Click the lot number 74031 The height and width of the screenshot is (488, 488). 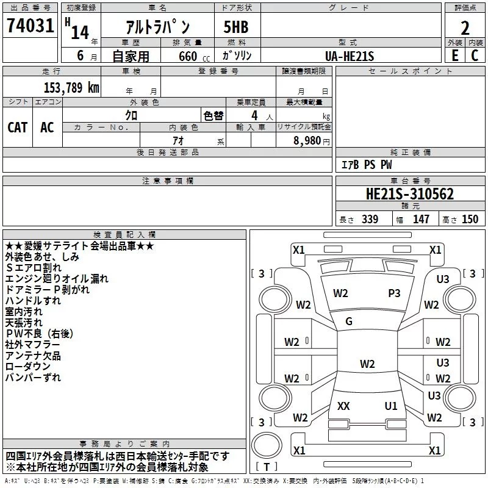coord(30,25)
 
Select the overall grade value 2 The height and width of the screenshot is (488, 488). coord(465,28)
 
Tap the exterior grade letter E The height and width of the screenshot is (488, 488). coord(454,56)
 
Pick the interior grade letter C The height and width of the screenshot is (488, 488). coord(475,56)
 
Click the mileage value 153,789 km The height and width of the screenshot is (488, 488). coord(71,87)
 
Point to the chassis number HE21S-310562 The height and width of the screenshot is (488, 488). coord(410,194)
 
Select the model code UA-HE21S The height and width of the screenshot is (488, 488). coord(350,56)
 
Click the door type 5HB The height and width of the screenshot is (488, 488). coord(236,27)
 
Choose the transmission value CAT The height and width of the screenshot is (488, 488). coord(18,127)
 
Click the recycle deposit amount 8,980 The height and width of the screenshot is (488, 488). coord(307,140)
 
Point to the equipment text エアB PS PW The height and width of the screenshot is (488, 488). coord(367,164)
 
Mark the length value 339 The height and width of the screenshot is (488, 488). coord(370,219)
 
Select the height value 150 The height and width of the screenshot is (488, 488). coord(470,219)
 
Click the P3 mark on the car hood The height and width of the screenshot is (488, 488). coord(394,293)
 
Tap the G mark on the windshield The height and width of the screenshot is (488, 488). coord(349,321)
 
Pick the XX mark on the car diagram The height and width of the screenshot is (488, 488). coord(343,406)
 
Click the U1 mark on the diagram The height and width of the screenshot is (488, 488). coord(391,406)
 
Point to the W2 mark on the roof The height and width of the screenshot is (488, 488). coord(367,364)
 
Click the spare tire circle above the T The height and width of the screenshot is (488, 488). coord(267,445)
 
